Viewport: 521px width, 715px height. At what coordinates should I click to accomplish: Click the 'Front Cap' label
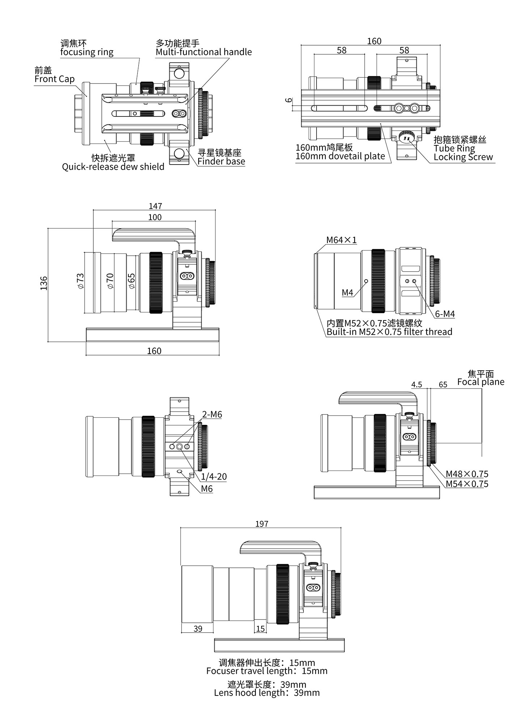(x=54, y=79)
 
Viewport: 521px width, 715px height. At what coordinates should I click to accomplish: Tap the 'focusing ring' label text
(x=86, y=52)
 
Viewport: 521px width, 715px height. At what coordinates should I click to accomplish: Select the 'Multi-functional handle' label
(x=203, y=52)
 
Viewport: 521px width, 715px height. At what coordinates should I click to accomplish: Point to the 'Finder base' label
(x=221, y=161)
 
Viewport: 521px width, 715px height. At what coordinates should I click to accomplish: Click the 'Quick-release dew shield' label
(x=113, y=167)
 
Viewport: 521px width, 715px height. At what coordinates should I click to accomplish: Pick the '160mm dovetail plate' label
(x=340, y=156)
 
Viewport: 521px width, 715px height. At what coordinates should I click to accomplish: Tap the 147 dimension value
(x=155, y=206)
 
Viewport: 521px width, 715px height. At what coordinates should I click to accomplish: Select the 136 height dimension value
(x=44, y=283)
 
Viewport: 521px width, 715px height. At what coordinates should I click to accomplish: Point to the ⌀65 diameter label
(x=131, y=281)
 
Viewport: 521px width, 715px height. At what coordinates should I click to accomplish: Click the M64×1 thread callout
(x=341, y=240)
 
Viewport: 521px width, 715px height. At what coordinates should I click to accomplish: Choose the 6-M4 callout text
(x=445, y=314)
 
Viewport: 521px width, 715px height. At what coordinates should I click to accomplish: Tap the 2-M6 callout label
(x=212, y=414)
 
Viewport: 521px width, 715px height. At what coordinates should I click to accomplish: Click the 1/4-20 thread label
(x=214, y=477)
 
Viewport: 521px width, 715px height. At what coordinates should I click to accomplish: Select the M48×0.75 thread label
(x=467, y=474)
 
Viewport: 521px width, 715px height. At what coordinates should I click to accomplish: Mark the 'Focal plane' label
(x=480, y=382)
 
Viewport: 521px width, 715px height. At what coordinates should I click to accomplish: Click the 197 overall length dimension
(x=262, y=524)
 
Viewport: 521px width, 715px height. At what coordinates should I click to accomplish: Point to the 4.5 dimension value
(x=416, y=384)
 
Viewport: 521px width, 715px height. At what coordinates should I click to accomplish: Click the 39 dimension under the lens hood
(x=198, y=629)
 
